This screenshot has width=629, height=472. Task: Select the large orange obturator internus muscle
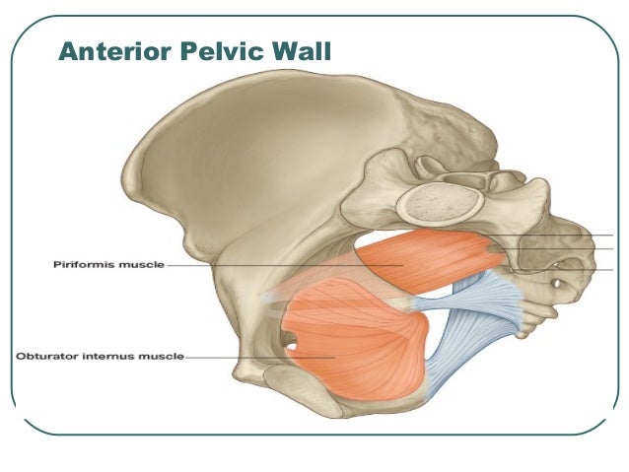355,340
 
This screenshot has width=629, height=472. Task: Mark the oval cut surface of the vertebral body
440,206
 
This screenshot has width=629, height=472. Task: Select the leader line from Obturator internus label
246,357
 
